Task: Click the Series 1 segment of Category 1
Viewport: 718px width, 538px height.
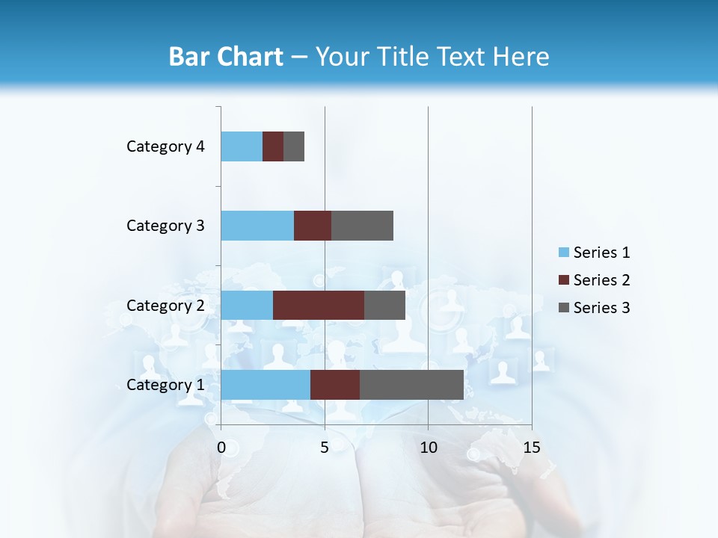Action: [x=266, y=384]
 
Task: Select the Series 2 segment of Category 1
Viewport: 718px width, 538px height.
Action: [x=335, y=384]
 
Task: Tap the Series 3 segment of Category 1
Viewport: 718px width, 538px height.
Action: [x=411, y=384]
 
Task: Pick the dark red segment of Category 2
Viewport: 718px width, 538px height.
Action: [x=319, y=305]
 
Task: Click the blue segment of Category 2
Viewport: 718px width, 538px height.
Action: [x=247, y=305]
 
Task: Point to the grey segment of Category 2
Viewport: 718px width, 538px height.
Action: [x=384, y=305]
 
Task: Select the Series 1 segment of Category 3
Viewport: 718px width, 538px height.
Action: [x=257, y=225]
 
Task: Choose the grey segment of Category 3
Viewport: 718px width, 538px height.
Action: [x=362, y=225]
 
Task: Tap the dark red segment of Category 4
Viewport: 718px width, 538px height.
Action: [x=273, y=146]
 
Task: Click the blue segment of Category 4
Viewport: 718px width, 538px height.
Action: [x=242, y=146]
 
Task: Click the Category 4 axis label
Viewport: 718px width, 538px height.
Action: [x=165, y=146]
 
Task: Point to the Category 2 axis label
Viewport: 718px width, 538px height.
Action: [x=165, y=305]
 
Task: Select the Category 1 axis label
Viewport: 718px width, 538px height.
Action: [x=165, y=385]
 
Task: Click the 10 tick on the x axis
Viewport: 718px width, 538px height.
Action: [x=428, y=448]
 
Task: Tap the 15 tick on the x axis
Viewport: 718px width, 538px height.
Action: [x=532, y=448]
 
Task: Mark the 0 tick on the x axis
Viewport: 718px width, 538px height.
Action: [x=221, y=448]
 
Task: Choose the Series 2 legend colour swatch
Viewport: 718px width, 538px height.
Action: [x=564, y=280]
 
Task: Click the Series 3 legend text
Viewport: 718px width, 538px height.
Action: [x=601, y=308]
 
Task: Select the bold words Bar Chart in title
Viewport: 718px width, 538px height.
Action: [x=226, y=57]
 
